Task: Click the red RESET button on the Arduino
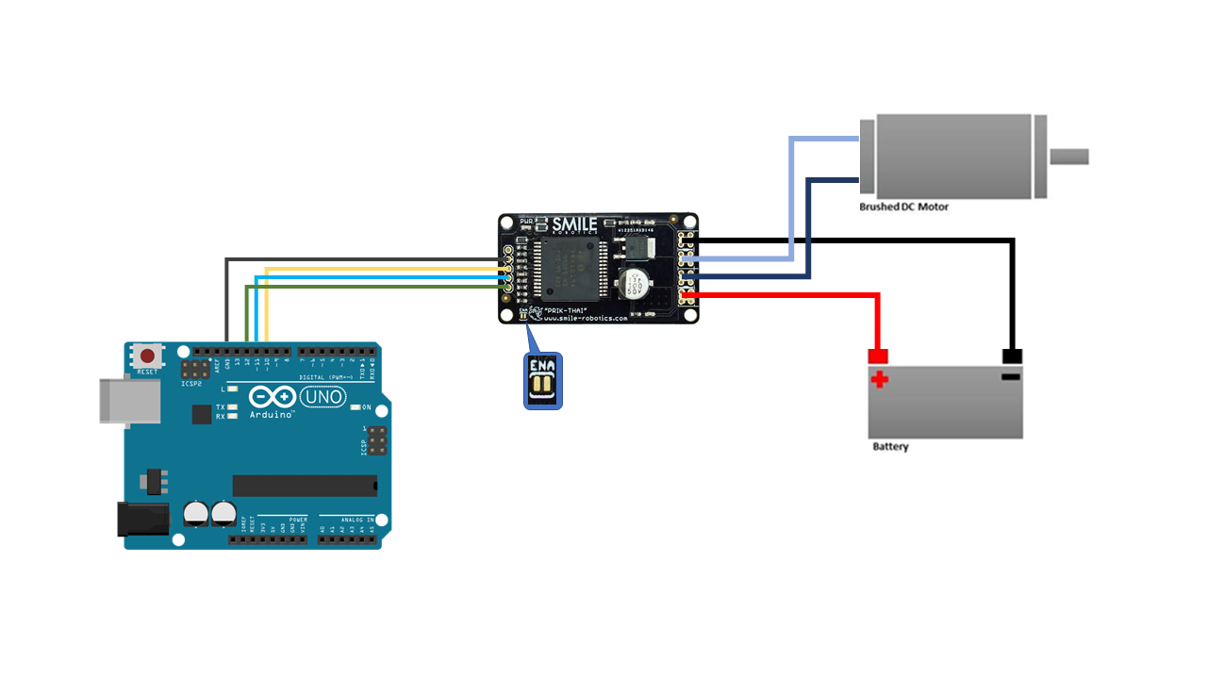pyautogui.click(x=148, y=356)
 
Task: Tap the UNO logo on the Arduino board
pyautogui.click(x=322, y=400)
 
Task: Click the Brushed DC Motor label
pyautogui.click(x=903, y=207)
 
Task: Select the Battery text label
pyautogui.click(x=890, y=447)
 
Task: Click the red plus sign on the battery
pyautogui.click(x=879, y=380)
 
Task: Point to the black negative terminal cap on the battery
pyautogui.click(x=1012, y=356)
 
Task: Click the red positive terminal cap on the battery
pyautogui.click(x=878, y=356)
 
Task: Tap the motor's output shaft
pyautogui.click(x=1069, y=157)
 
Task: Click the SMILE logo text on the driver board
pyautogui.click(x=574, y=224)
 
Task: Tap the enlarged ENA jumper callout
pyautogui.click(x=542, y=381)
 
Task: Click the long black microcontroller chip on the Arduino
pyautogui.click(x=305, y=486)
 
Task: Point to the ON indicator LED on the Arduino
pyautogui.click(x=355, y=408)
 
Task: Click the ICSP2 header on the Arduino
pyautogui.click(x=197, y=368)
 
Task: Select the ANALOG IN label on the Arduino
pyautogui.click(x=357, y=520)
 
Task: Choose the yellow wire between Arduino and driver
pyautogui.click(x=377, y=269)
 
